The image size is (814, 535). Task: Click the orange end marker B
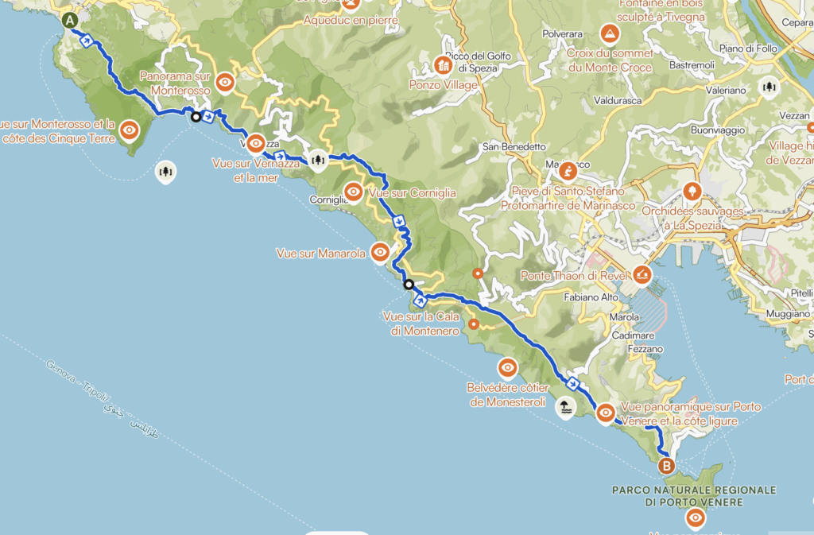tap(666, 465)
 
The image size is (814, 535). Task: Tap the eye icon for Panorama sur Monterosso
tap(226, 81)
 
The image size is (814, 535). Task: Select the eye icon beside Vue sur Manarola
tap(380, 253)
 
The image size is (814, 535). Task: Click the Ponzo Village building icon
tap(444, 65)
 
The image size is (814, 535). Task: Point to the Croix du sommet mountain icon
tap(609, 33)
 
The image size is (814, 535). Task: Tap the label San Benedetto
tap(514, 147)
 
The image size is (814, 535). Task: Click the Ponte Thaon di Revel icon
tap(642, 275)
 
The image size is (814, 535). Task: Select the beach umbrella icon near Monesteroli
tap(564, 407)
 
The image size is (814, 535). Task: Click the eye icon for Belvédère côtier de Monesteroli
tap(507, 368)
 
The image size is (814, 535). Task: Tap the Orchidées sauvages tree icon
tap(691, 191)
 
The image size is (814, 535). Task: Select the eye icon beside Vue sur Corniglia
tap(355, 192)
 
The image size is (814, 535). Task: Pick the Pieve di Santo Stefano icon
tap(568, 171)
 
